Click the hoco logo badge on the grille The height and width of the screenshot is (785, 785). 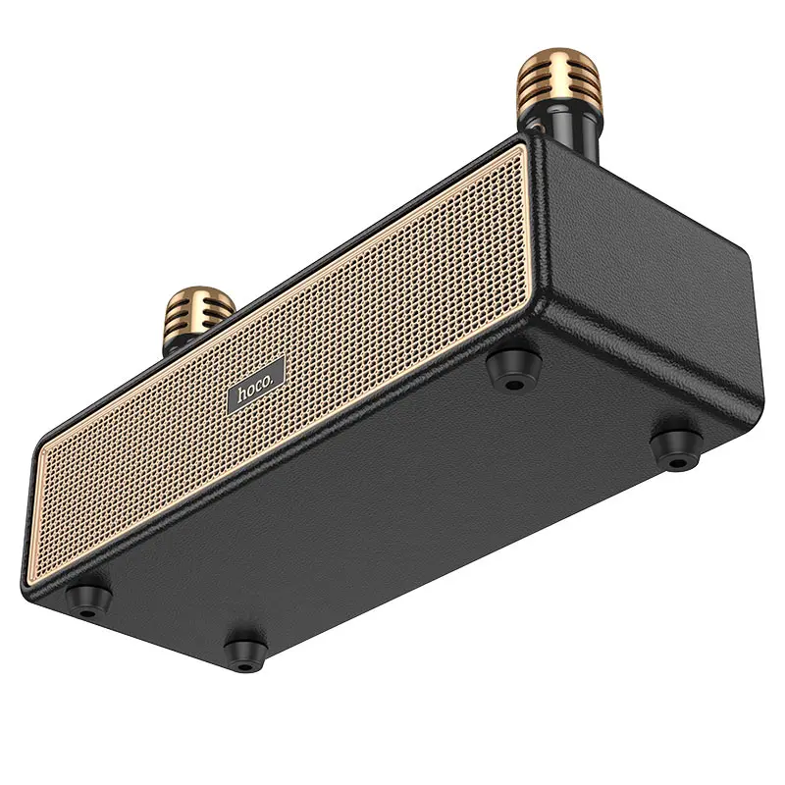(256, 384)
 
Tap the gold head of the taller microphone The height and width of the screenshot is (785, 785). (547, 82)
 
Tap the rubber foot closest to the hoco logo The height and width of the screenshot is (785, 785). (509, 368)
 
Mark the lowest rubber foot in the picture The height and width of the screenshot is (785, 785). (242, 649)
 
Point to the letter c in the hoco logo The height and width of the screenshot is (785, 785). (260, 381)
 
